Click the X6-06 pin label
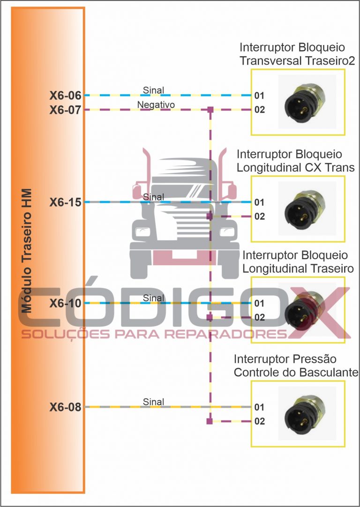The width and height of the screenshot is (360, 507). (x=66, y=96)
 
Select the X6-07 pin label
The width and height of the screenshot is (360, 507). (x=66, y=110)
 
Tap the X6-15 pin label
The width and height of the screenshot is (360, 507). (x=66, y=202)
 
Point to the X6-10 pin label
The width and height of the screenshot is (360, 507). (x=66, y=304)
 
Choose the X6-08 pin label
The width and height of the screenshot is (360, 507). (x=66, y=407)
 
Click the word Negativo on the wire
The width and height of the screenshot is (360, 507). (x=156, y=105)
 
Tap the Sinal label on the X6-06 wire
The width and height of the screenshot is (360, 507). (x=154, y=90)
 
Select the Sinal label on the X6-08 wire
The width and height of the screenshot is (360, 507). (x=154, y=402)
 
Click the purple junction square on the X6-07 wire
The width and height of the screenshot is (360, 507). (x=210, y=110)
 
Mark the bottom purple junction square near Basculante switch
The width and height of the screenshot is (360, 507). (x=210, y=422)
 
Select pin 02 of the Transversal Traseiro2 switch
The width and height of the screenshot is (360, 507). (x=260, y=110)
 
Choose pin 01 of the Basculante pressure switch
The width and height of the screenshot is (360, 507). (x=260, y=408)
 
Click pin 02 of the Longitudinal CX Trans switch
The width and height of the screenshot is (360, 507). (x=260, y=216)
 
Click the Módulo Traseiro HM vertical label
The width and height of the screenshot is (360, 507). (x=27, y=251)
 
